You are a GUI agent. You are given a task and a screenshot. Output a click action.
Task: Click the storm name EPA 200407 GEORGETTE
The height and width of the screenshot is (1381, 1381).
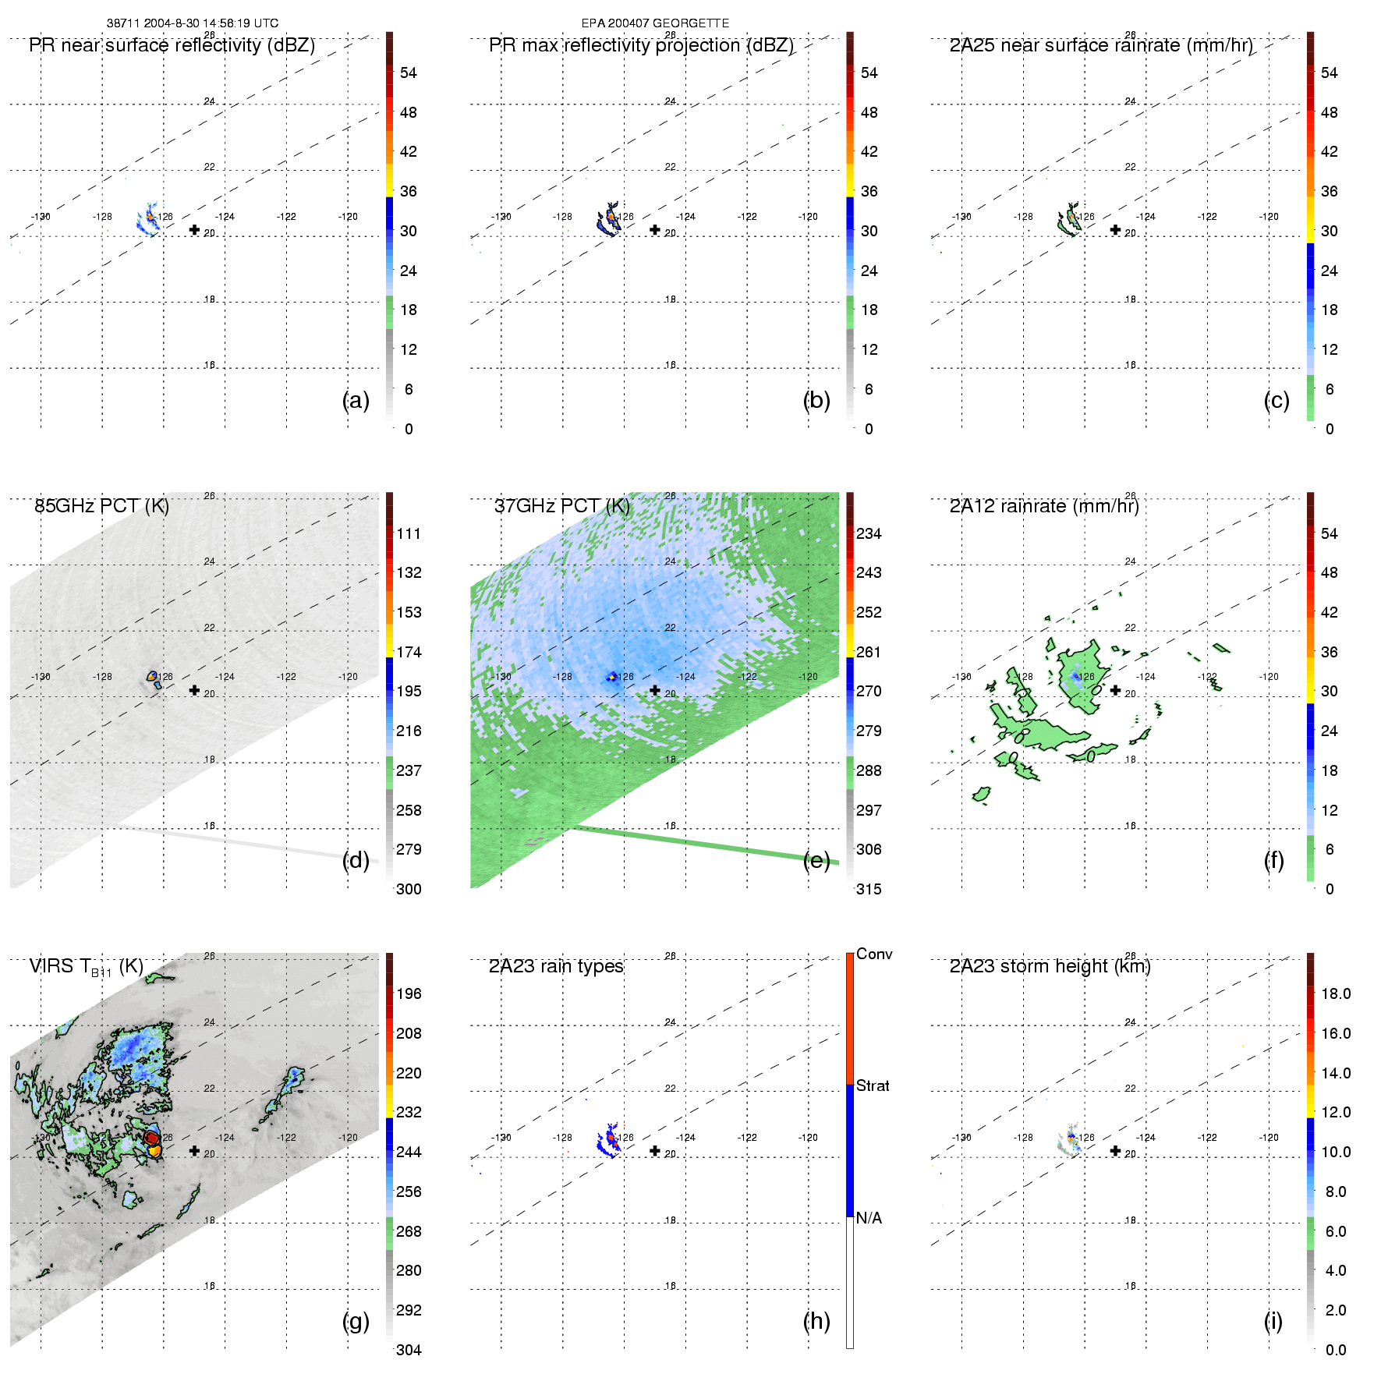pyautogui.click(x=655, y=23)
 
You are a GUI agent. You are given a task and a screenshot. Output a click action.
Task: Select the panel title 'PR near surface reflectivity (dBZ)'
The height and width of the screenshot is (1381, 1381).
pyautogui.click(x=172, y=45)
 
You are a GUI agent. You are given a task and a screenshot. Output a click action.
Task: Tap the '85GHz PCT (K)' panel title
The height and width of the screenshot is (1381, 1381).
pyautogui.click(x=101, y=506)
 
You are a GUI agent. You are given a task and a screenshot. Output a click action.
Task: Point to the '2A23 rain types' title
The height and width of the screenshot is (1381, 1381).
pyautogui.click(x=556, y=966)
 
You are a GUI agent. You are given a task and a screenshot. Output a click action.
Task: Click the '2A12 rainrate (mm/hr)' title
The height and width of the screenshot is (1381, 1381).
pyautogui.click(x=1044, y=506)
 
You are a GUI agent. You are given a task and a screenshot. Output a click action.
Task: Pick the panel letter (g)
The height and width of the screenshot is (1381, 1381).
pyautogui.click(x=356, y=1321)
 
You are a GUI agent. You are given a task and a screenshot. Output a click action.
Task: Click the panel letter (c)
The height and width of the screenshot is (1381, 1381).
pyautogui.click(x=1277, y=400)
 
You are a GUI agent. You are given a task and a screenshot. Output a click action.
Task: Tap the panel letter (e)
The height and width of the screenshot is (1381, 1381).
pyautogui.click(x=816, y=860)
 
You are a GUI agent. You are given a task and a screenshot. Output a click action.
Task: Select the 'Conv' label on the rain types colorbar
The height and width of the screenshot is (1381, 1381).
pyautogui.click(x=874, y=954)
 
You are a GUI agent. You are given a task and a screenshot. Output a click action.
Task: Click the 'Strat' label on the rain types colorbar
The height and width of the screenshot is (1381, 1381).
pyautogui.click(x=873, y=1086)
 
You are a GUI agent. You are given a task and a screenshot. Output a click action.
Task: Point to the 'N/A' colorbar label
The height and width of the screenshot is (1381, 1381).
pyautogui.click(x=869, y=1218)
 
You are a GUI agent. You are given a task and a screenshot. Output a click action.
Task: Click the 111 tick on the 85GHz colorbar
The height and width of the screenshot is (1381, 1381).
pyautogui.click(x=409, y=534)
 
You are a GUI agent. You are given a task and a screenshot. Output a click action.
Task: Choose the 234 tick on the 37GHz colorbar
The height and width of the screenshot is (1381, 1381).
pyautogui.click(x=869, y=534)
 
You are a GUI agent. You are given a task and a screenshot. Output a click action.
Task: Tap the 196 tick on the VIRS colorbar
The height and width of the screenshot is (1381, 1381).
pyautogui.click(x=409, y=994)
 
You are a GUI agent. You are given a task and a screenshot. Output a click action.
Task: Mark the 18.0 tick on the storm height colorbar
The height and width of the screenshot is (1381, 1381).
pyautogui.click(x=1336, y=994)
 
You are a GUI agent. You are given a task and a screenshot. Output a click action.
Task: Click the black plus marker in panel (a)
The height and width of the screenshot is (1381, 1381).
pyautogui.click(x=194, y=230)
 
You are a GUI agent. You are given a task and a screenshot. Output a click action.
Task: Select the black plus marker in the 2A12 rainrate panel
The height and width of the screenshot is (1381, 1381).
pyautogui.click(x=1115, y=690)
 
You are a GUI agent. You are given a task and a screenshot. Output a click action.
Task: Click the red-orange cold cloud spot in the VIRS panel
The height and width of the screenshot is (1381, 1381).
pyautogui.click(x=152, y=1139)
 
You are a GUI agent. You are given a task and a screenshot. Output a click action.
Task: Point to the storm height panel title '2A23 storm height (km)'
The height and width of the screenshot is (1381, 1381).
pyautogui.click(x=1050, y=966)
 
